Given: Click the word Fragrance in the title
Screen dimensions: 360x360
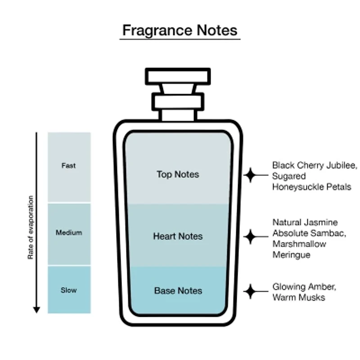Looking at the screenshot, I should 153,30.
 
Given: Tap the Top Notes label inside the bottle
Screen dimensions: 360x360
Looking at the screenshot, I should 178,174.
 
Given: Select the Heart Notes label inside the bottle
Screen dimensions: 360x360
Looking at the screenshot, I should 178,236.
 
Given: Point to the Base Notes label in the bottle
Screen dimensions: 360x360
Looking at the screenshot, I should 178,291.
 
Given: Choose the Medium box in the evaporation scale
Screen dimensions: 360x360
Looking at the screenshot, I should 69,233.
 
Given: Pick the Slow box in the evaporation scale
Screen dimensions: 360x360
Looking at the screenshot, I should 69,290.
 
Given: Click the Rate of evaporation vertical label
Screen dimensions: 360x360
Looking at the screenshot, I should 31,227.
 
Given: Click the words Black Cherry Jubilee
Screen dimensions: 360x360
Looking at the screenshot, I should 314,166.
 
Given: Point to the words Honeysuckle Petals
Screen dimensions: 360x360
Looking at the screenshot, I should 311,187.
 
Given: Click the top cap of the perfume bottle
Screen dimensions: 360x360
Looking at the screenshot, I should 178,76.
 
